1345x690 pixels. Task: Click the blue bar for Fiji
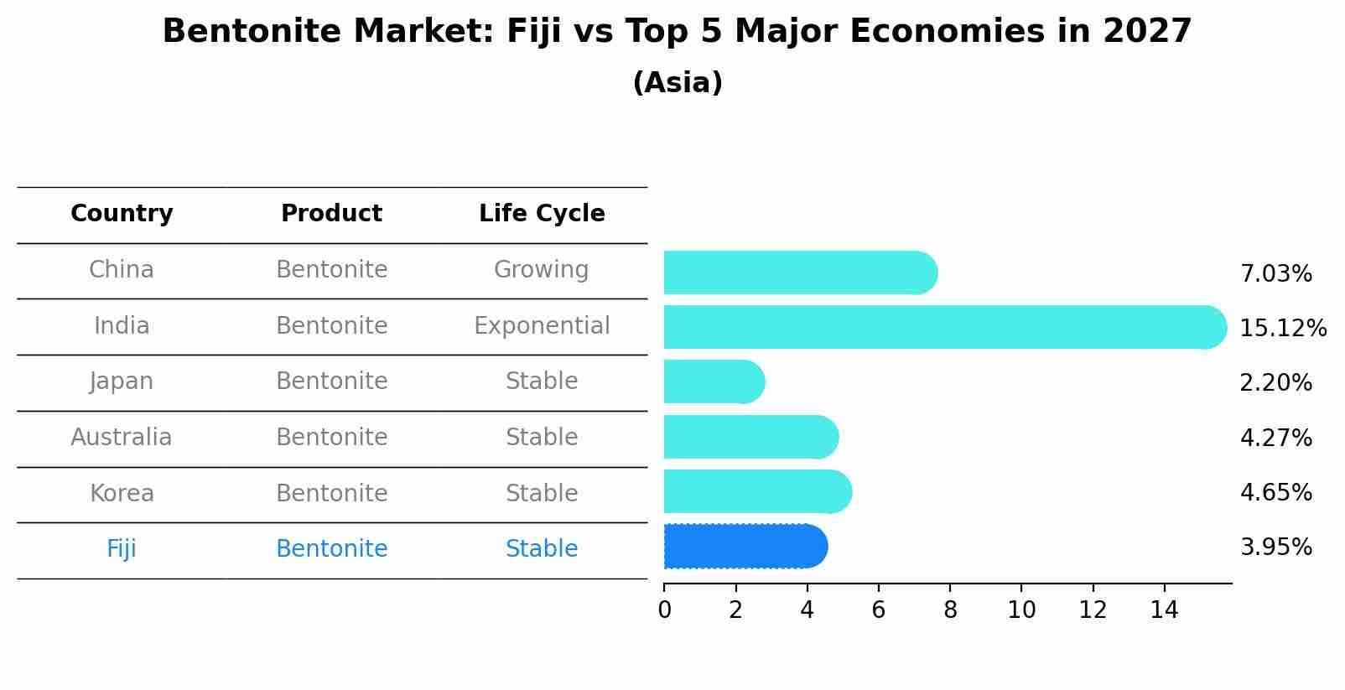click(x=745, y=547)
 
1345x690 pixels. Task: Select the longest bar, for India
click(x=943, y=327)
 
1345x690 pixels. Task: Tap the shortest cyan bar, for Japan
click(x=713, y=382)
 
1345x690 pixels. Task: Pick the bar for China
click(x=799, y=272)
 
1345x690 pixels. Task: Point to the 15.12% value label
click(x=1282, y=328)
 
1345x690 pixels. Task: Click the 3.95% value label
click(x=1275, y=547)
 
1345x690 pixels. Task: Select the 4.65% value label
click(x=1275, y=492)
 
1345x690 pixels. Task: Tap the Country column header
click(x=122, y=214)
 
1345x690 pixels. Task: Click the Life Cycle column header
click(x=542, y=214)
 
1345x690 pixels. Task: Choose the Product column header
click(x=331, y=214)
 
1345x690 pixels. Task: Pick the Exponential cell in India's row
click(x=542, y=326)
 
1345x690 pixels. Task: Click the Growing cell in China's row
click(x=541, y=270)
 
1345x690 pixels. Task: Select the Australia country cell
click(x=122, y=438)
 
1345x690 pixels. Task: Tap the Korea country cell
click(x=122, y=494)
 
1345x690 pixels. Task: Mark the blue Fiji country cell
click(x=122, y=549)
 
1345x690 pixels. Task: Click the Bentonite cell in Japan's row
click(x=331, y=381)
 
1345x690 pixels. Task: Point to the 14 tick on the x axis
click(x=1164, y=610)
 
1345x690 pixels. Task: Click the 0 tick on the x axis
click(x=664, y=610)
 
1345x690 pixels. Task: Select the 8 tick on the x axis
click(x=950, y=610)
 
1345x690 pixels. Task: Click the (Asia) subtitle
click(x=677, y=83)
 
